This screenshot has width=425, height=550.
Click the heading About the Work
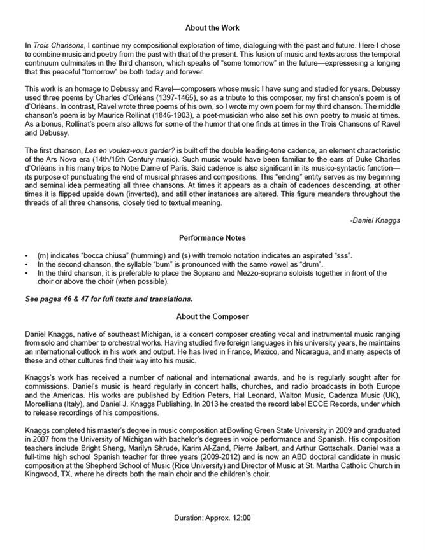pyautogui.click(x=212, y=28)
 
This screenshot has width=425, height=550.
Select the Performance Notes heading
pyautogui.click(x=212, y=238)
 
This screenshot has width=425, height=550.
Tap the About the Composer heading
pyautogui.click(x=212, y=316)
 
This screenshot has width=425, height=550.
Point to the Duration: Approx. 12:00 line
pyautogui.click(x=212, y=519)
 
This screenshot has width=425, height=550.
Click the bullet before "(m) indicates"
pyautogui.click(x=26, y=256)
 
